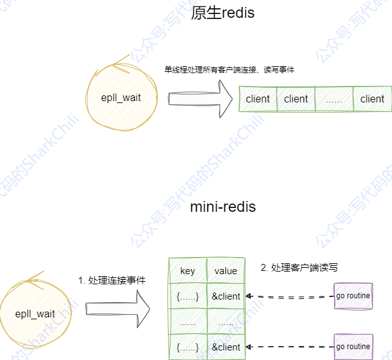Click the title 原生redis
222,13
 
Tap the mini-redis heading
223,207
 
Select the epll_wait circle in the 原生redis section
120,97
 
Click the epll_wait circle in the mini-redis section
35,314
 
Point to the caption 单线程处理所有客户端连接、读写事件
229,69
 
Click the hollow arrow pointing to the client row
200,99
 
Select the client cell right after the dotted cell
372,99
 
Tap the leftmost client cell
258,99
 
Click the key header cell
188,271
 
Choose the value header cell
226,271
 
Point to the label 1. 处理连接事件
112,280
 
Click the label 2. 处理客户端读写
299,268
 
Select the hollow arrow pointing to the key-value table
117,311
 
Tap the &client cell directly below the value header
226,296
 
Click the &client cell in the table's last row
226,347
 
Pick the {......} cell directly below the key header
188,296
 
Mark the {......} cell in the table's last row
188,347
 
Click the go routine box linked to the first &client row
353,296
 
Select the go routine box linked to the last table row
353,347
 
